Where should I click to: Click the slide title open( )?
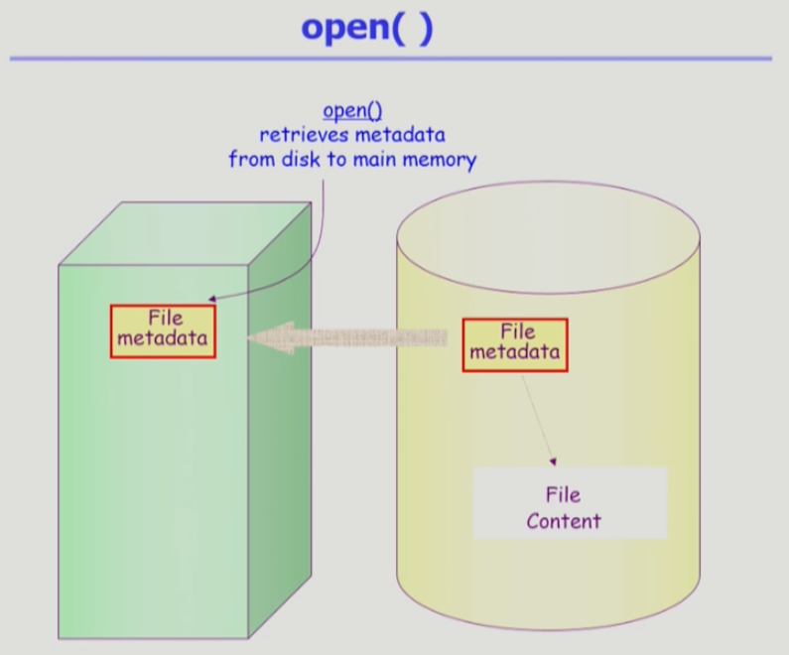[367, 28]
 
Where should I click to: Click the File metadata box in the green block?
[164, 329]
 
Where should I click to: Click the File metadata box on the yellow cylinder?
[515, 343]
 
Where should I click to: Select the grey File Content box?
[569, 503]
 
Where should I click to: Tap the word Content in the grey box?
[564, 520]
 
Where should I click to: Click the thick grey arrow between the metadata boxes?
[347, 337]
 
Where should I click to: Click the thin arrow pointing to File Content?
[536, 417]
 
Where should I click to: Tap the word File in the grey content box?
[563, 494]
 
